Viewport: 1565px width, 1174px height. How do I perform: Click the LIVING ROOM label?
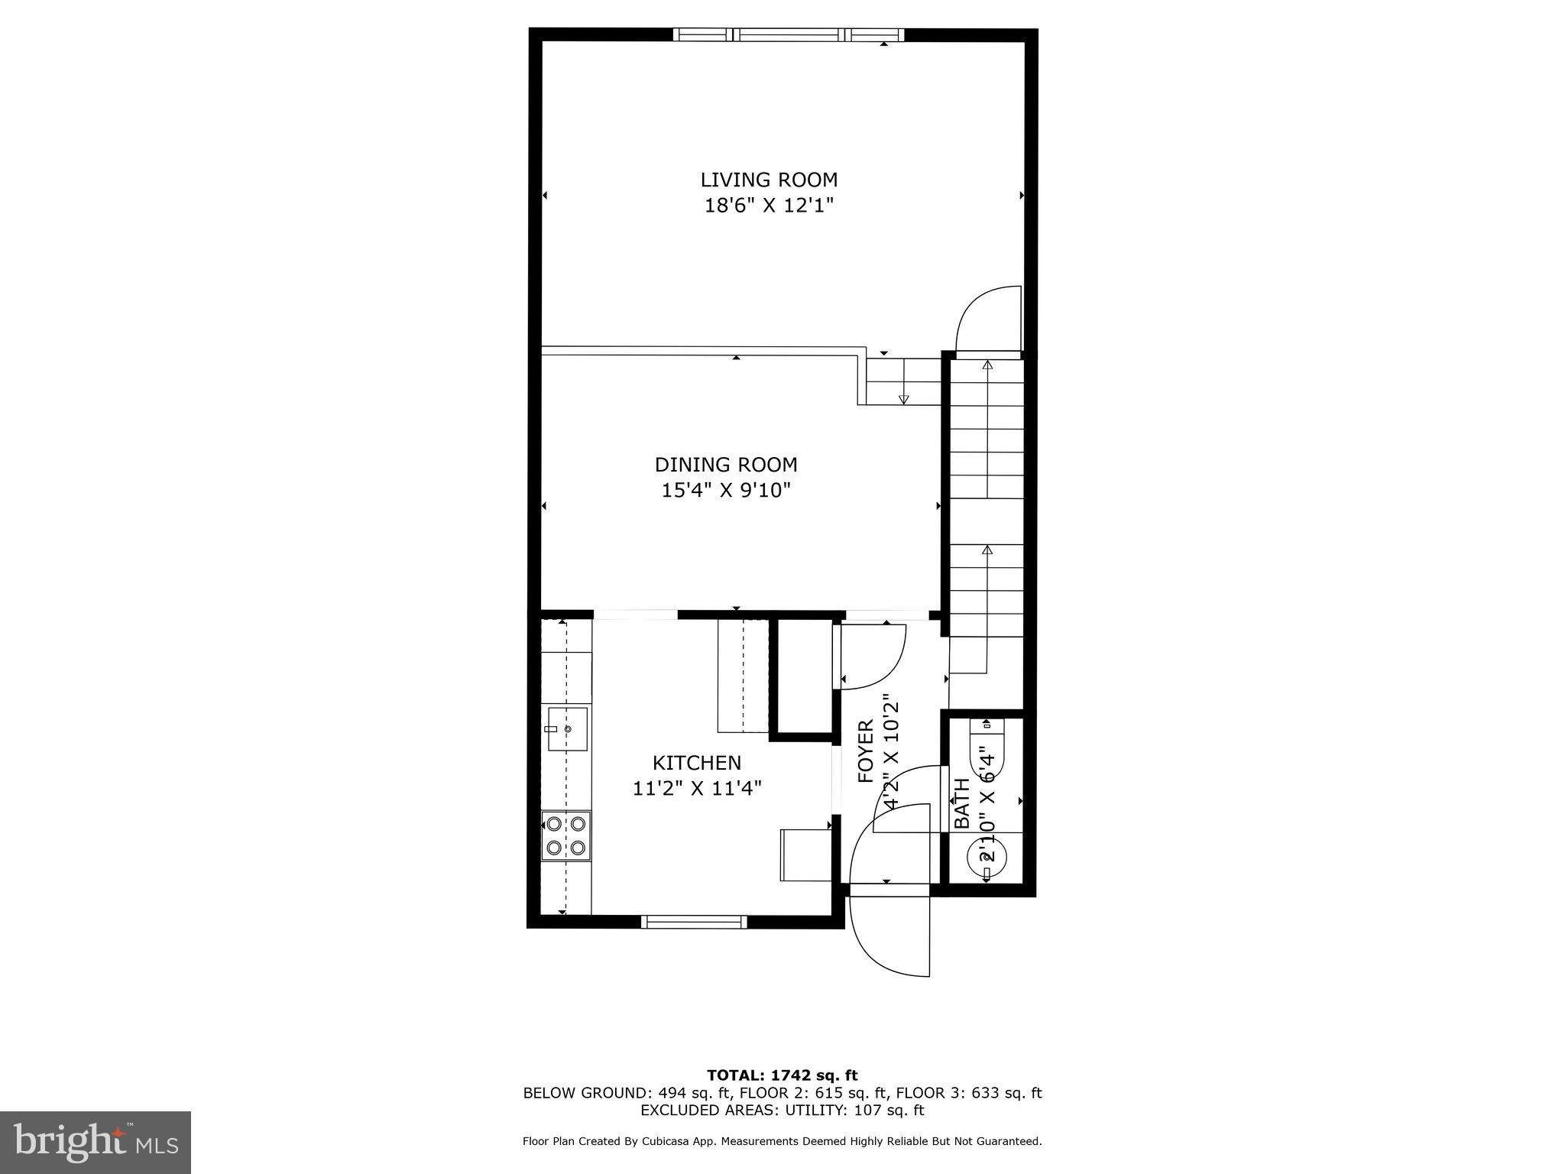click(x=769, y=180)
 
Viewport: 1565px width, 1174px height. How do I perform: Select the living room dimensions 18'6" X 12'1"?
click(x=769, y=206)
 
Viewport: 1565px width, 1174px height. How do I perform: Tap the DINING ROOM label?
click(x=726, y=465)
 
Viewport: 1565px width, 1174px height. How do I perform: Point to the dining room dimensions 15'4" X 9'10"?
click(x=726, y=491)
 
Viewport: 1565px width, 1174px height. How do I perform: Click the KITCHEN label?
click(x=697, y=763)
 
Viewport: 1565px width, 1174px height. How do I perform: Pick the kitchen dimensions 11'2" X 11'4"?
click(x=697, y=789)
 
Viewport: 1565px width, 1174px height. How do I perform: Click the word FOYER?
click(x=866, y=751)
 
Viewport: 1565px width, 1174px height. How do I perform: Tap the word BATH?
click(x=962, y=803)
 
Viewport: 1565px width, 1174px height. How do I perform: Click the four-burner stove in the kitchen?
click(x=566, y=835)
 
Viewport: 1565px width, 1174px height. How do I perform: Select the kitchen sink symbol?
click(x=567, y=729)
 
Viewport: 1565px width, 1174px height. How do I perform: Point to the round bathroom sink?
click(x=987, y=858)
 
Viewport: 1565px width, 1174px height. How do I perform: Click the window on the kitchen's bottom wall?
click(x=694, y=922)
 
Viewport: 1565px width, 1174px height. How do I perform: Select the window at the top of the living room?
click(x=788, y=34)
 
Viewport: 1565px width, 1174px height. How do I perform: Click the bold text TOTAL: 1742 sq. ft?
click(x=782, y=1076)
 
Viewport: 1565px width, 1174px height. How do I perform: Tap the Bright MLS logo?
click(x=96, y=1142)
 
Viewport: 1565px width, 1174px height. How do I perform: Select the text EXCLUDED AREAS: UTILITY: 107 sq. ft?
click(x=782, y=1110)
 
